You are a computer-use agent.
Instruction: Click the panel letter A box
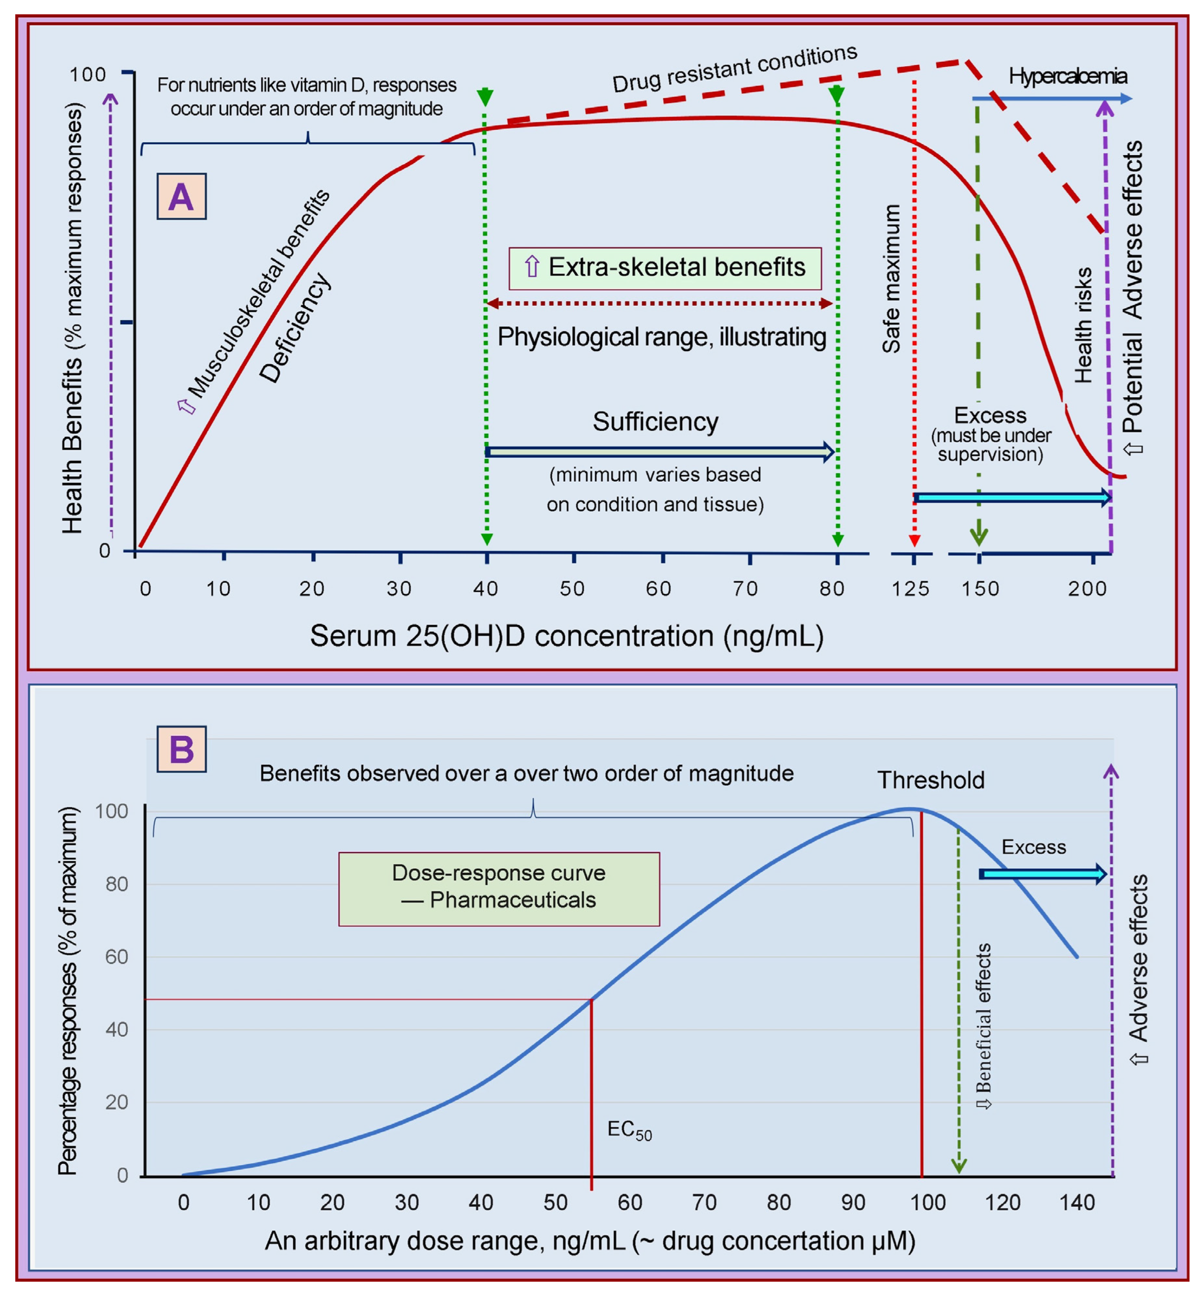coord(182,196)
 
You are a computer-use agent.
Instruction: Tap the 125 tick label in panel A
coord(910,588)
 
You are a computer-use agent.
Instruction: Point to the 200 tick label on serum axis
coord(1087,588)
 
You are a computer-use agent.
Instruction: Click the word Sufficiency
coord(655,422)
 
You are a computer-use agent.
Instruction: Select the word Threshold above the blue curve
coord(931,779)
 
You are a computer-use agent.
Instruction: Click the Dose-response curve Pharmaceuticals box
coord(499,889)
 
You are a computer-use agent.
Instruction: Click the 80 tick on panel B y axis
coord(117,884)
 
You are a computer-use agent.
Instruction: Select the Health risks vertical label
coord(1082,326)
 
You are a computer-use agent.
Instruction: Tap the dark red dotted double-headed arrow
coord(660,303)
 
